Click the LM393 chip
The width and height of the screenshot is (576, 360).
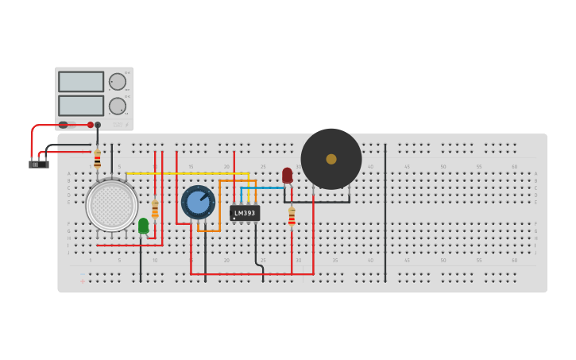(x=245, y=213)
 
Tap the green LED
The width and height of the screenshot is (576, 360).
(x=143, y=226)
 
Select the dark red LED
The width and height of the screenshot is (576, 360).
(x=287, y=175)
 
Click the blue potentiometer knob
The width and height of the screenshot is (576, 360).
(x=198, y=202)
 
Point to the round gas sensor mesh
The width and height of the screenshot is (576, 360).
(x=112, y=205)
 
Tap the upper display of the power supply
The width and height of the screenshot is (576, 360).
(x=81, y=82)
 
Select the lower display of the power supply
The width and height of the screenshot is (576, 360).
(x=81, y=106)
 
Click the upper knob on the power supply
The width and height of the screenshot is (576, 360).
(x=118, y=82)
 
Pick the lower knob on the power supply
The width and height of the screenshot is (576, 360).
(x=118, y=106)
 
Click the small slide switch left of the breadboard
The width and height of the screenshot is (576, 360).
(x=39, y=165)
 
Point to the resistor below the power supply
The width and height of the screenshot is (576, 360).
(x=97, y=158)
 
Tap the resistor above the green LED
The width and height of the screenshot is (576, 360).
(x=155, y=210)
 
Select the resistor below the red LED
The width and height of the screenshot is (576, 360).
(x=292, y=216)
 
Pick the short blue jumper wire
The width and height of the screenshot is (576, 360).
(x=262, y=188)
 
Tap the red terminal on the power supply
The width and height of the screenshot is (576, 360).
(x=91, y=125)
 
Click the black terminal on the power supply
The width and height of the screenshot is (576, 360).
(x=98, y=125)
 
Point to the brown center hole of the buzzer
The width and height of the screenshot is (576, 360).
(x=331, y=159)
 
